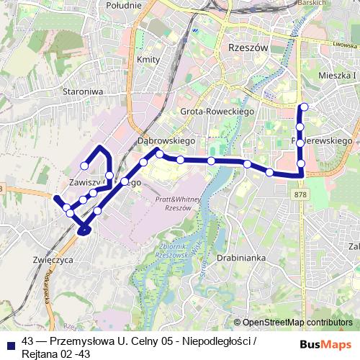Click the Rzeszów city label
[247, 46]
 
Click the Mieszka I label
[337, 74]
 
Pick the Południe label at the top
[123, 5]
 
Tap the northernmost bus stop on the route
[304, 107]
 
